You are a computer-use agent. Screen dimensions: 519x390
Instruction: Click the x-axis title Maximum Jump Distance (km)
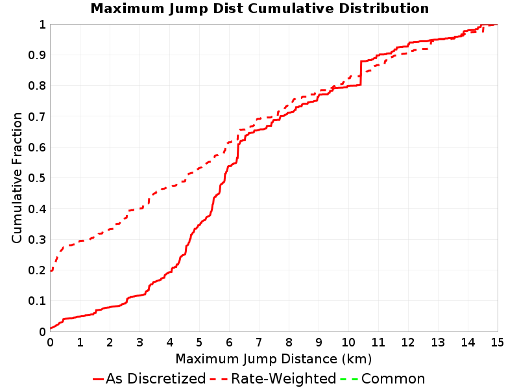273,359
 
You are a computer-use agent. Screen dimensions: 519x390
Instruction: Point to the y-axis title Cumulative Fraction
17,177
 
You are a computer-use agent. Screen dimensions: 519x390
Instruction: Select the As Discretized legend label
156,379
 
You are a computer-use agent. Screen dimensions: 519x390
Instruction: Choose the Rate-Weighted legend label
284,379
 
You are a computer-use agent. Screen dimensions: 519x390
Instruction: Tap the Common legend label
393,379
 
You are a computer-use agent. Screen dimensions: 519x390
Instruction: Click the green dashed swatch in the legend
350,379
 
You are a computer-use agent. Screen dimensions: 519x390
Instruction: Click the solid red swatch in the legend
99,379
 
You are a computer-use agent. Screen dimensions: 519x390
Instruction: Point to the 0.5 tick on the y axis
37,178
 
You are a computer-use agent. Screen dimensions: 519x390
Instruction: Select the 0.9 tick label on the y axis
37,55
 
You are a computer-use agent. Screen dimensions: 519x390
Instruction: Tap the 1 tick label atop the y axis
42,25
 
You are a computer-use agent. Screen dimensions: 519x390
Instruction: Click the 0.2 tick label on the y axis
37,270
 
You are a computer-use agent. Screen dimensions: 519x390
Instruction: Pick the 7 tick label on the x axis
259,343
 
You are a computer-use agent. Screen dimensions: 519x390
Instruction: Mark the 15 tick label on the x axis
497,343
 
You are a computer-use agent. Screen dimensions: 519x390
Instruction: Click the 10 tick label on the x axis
348,343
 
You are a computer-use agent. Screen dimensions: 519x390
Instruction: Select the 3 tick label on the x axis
139,343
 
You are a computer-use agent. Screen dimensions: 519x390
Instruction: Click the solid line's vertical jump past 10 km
361,73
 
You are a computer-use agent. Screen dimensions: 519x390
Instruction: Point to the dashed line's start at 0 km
51,271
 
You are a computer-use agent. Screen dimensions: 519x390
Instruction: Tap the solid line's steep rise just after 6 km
237,151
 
